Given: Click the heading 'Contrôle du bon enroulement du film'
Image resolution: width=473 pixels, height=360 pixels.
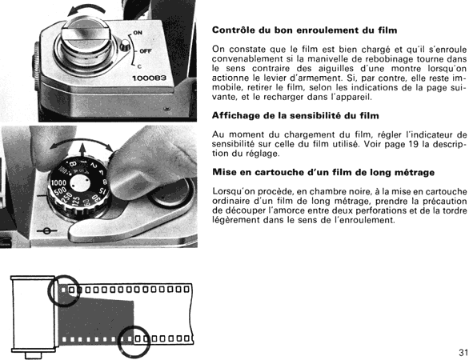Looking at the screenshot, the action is (304, 30).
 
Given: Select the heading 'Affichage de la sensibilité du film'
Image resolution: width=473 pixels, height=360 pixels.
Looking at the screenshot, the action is (295, 115).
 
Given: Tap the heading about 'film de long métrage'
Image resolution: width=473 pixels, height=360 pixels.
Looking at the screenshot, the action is (323, 172).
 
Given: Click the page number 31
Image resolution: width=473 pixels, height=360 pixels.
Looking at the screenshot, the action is (463, 352).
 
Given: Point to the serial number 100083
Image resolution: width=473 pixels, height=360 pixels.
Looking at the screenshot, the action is (150, 78).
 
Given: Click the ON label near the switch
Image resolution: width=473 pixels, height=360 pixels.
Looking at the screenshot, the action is (138, 33).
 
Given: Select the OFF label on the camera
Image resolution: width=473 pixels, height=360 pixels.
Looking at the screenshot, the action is (146, 51).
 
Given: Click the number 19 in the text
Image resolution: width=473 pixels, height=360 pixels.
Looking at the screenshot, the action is (415, 144).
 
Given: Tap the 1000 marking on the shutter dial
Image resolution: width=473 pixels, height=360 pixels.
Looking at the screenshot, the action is (58, 182).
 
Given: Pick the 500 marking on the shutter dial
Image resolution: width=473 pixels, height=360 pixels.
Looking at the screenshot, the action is (61, 191).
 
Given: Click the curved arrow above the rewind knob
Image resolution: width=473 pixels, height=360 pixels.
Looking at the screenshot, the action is (86, 10).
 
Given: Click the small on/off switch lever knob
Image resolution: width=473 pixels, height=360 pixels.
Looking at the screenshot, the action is (125, 46).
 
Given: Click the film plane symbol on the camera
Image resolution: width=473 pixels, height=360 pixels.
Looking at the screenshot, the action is (46, 231).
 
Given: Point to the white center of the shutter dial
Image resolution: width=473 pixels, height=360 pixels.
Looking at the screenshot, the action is (80, 183).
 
